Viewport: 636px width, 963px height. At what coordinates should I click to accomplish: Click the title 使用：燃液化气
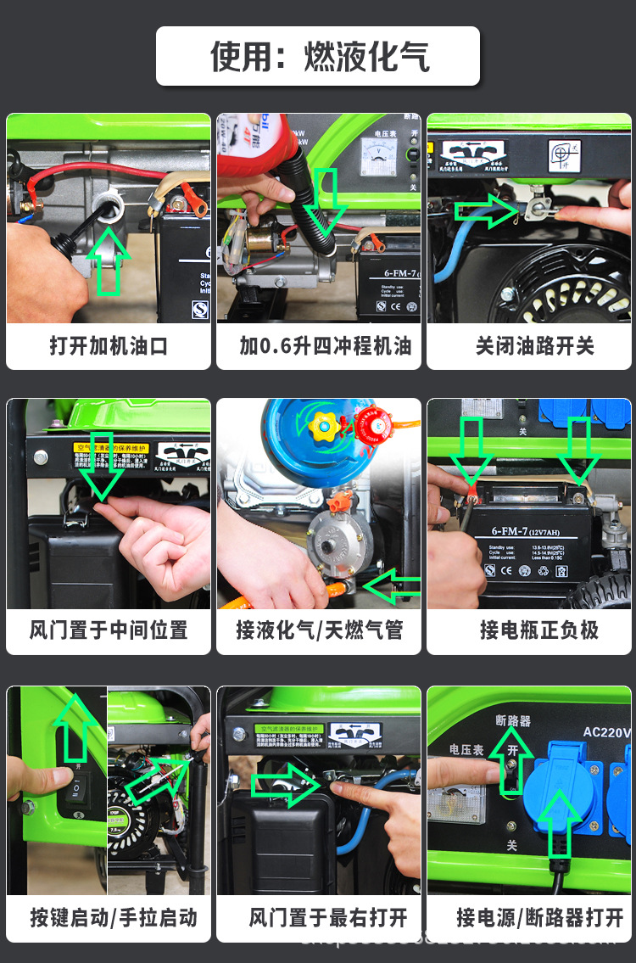[x=319, y=56]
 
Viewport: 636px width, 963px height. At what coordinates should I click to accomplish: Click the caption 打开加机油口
[x=108, y=345]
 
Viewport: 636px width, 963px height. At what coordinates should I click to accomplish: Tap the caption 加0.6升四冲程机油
[x=318, y=345]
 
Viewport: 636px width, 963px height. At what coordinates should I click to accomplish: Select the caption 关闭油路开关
[x=529, y=345]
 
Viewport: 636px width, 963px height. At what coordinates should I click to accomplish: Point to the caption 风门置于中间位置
[x=108, y=630]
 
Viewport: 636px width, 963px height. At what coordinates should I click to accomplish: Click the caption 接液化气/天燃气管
[x=318, y=630]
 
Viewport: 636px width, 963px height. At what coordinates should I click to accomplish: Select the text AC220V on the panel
[x=607, y=732]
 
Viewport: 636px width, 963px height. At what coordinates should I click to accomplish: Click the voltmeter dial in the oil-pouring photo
[x=373, y=157]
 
